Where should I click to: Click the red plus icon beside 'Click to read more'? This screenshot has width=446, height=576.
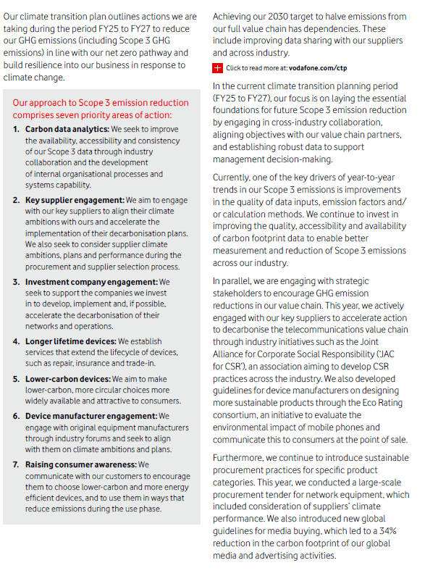(217, 68)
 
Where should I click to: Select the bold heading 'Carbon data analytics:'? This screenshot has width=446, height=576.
(67, 128)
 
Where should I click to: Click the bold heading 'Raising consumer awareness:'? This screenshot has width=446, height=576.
(80, 464)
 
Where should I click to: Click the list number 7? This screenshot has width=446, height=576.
(17, 464)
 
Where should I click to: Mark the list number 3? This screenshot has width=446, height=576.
(17, 282)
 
